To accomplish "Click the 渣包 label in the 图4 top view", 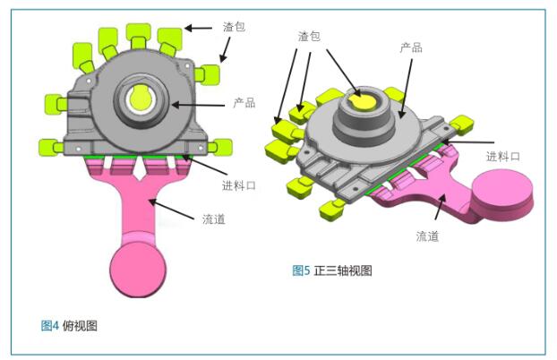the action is coord(234,27).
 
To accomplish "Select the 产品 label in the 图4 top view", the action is coord(244,103).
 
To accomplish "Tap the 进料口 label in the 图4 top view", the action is coord(239,185).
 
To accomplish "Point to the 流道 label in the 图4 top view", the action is coord(214,219).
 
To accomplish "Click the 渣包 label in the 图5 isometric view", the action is coord(309,36).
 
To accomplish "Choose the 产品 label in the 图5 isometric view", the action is coord(411,47).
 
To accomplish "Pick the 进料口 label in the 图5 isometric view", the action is coord(503,156).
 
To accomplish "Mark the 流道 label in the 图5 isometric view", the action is coord(427,236).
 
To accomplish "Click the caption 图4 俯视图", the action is coord(69,325).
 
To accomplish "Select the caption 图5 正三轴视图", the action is coord(332,270).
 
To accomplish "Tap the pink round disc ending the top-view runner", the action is coord(138,269).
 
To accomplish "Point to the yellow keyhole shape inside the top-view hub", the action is coord(141,97).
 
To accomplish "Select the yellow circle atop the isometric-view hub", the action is coord(363,100).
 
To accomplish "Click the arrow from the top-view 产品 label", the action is coord(198,105).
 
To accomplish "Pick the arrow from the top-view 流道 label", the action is coord(171,210).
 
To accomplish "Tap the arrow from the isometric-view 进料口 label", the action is coord(467,141).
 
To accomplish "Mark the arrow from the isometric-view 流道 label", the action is coord(440,207).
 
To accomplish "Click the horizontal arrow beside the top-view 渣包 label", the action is coord(199,28).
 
